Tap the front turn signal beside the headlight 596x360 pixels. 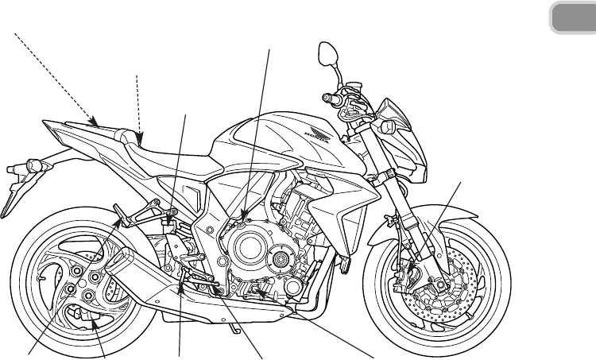click(x=388, y=127)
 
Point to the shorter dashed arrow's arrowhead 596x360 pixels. click(x=141, y=141)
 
